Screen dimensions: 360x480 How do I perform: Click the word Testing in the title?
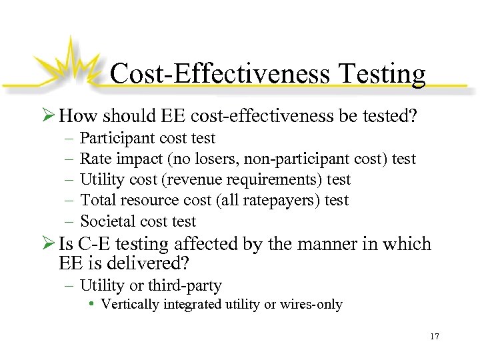(x=378, y=73)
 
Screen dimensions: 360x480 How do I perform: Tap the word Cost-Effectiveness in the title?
(x=219, y=73)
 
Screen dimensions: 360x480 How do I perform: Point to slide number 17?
(x=435, y=336)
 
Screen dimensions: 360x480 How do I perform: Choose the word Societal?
(x=107, y=221)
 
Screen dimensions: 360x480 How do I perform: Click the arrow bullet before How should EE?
(x=49, y=117)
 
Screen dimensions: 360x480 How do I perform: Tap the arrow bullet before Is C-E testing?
(x=49, y=244)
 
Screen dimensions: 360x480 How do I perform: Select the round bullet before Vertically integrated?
(x=93, y=305)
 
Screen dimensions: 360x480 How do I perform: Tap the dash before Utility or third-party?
(x=71, y=286)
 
